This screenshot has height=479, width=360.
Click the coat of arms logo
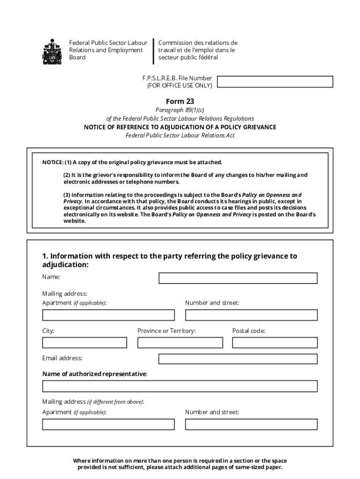pos(52,51)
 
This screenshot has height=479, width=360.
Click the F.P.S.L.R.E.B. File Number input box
pos(275,82)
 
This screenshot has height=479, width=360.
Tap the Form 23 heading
pos(180,102)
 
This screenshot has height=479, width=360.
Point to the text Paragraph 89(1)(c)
pos(180,110)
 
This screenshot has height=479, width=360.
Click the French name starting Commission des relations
pos(198,50)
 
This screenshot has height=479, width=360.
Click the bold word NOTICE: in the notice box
pos(53,162)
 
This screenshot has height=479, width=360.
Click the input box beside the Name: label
pos(238,278)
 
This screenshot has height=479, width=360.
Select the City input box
pos(85,343)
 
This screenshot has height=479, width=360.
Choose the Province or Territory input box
pos(180,343)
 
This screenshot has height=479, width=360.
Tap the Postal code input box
pos(275,343)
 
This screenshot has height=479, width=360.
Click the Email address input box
pos(238,359)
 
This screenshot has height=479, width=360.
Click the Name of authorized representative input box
pos(180,386)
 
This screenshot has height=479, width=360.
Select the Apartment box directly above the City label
pos(108,315)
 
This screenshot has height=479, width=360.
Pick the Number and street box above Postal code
pos(251,315)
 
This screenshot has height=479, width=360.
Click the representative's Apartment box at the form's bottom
pos(108,424)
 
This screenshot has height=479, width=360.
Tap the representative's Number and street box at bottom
pos(251,424)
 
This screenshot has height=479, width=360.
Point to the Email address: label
pos(62,358)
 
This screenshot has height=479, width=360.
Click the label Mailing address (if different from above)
pos(93,402)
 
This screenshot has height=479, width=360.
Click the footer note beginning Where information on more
pos(180,464)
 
